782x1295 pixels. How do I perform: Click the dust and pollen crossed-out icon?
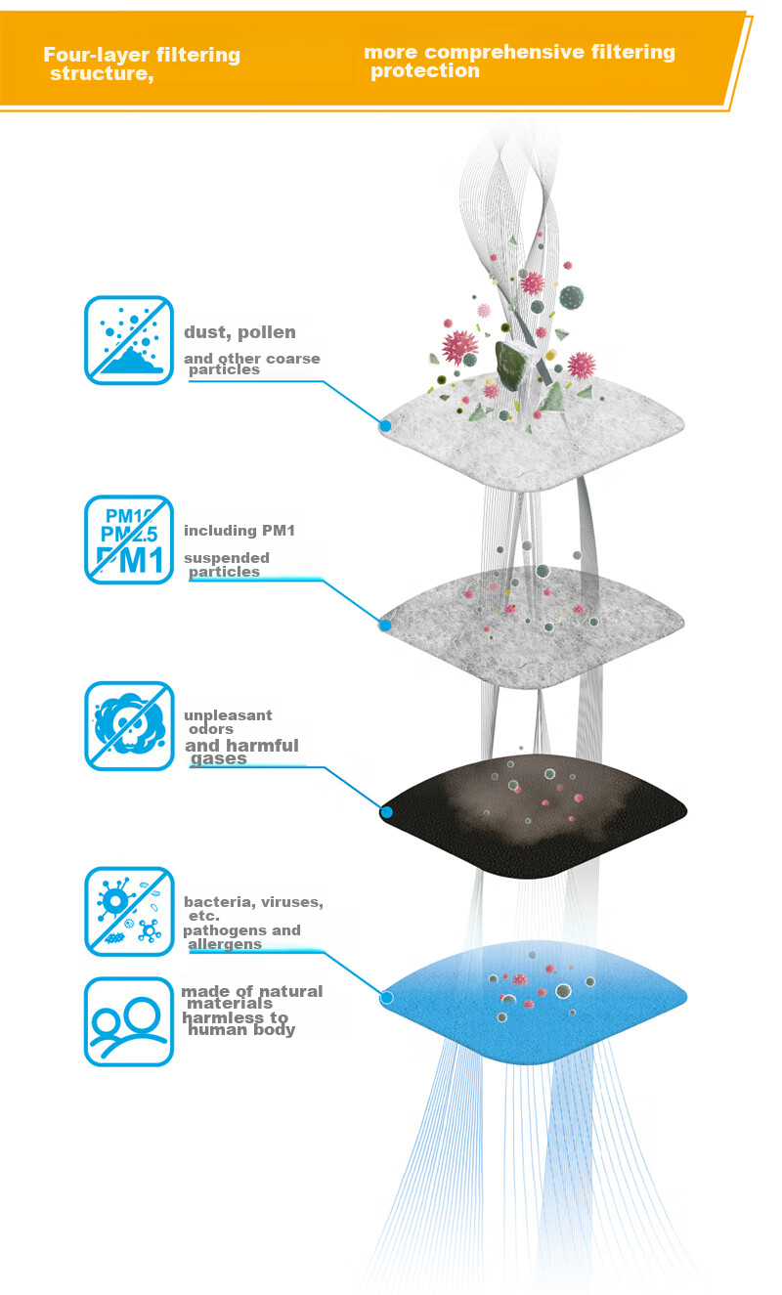129,340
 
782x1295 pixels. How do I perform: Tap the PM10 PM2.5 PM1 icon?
129,540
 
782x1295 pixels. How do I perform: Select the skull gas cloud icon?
129,725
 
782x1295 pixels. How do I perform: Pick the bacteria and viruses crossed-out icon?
129,911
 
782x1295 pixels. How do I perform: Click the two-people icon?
129,1021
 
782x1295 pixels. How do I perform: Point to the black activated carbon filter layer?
534,816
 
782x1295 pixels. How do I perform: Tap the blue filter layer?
534,1002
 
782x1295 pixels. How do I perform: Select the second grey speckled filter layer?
532,627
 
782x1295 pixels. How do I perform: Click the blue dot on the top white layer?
385,426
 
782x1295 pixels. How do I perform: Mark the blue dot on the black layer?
387,811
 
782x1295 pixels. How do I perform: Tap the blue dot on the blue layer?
387,997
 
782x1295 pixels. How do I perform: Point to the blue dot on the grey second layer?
385,625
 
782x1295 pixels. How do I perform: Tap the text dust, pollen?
239,332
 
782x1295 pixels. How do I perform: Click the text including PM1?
239,530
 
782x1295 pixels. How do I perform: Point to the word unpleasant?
228,715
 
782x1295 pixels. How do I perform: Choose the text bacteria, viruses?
253,902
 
